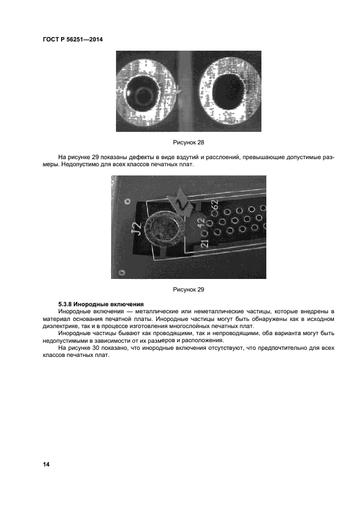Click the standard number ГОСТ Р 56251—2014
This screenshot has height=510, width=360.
73,39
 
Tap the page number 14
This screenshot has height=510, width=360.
46,464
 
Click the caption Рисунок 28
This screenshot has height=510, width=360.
188,142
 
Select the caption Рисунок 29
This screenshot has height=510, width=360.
188,289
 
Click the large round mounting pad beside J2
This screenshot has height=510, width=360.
162,228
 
